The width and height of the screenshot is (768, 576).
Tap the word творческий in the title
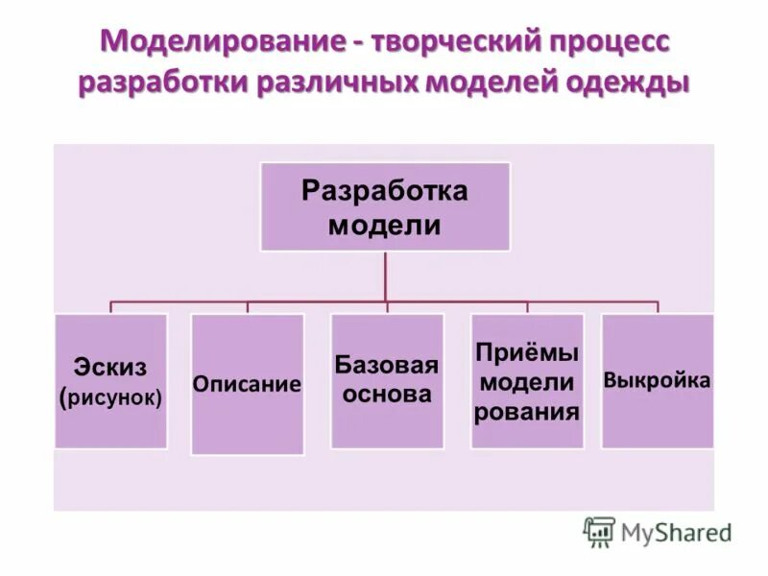439,42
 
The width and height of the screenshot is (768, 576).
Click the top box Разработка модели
385,206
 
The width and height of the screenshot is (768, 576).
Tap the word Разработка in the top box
385,190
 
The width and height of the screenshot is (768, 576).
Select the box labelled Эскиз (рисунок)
110,381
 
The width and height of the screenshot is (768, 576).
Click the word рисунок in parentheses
113,396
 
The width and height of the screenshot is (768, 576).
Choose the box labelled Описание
248,384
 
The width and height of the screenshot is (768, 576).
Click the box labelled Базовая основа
387,381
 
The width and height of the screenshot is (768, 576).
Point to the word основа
387,394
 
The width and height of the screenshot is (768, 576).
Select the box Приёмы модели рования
526,381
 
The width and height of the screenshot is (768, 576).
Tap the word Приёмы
526,352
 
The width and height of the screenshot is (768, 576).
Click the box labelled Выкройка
658,380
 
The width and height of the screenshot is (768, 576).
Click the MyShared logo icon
599,531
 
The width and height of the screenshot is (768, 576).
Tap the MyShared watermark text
676,532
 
